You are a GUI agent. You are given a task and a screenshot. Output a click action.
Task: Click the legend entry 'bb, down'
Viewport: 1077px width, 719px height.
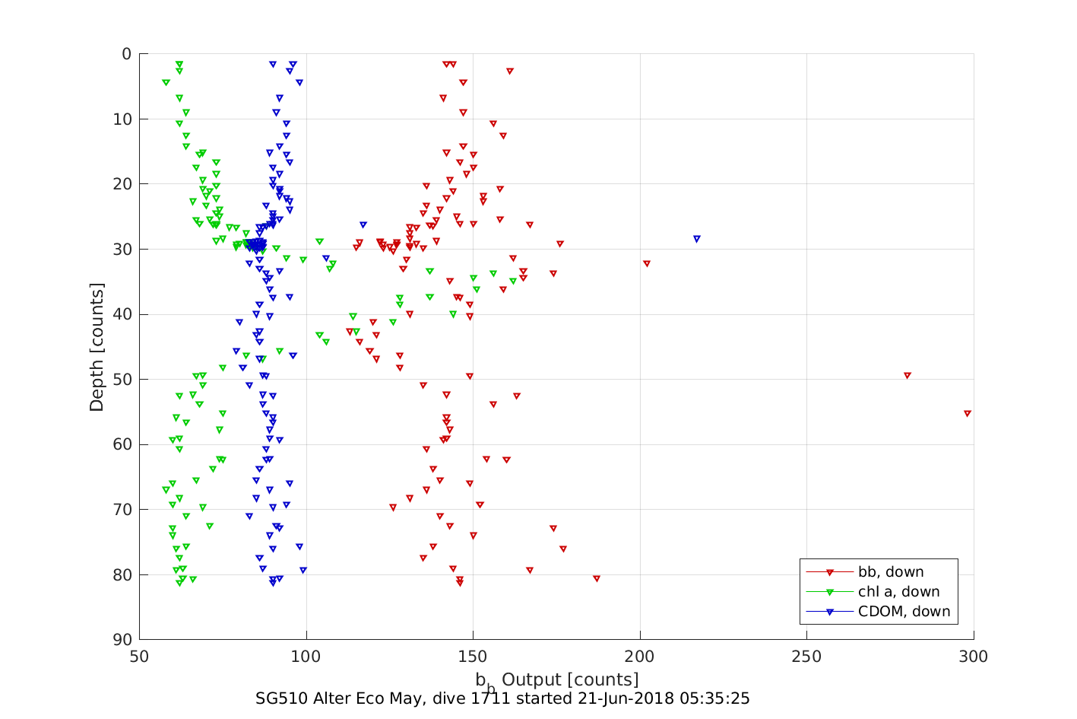[891, 572]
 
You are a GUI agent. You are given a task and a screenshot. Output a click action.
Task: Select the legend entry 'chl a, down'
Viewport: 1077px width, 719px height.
[898, 592]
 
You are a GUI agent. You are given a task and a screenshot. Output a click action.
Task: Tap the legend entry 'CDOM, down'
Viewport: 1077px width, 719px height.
[904, 612]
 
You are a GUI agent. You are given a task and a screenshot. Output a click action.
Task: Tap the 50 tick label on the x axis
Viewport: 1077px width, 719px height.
[139, 657]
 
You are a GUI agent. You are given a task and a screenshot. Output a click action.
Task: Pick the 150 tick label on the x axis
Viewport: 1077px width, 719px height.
[473, 657]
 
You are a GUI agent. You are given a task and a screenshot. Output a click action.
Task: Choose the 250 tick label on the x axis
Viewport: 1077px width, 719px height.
[806, 657]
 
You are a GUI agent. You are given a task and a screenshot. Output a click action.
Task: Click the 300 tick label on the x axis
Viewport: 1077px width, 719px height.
[974, 657]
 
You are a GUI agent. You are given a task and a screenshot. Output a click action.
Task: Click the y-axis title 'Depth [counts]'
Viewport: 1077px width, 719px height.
[97, 347]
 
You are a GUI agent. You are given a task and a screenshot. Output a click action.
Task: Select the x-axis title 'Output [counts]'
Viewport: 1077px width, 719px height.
[570, 679]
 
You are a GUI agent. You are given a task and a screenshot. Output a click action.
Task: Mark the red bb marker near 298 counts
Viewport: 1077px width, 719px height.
[968, 414]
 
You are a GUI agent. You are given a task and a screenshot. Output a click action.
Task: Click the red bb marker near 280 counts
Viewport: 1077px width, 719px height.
[908, 376]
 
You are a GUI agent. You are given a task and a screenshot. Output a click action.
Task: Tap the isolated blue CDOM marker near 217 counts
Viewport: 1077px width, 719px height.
[697, 239]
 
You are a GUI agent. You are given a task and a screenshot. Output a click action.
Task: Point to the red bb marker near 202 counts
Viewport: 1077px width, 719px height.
[647, 264]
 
